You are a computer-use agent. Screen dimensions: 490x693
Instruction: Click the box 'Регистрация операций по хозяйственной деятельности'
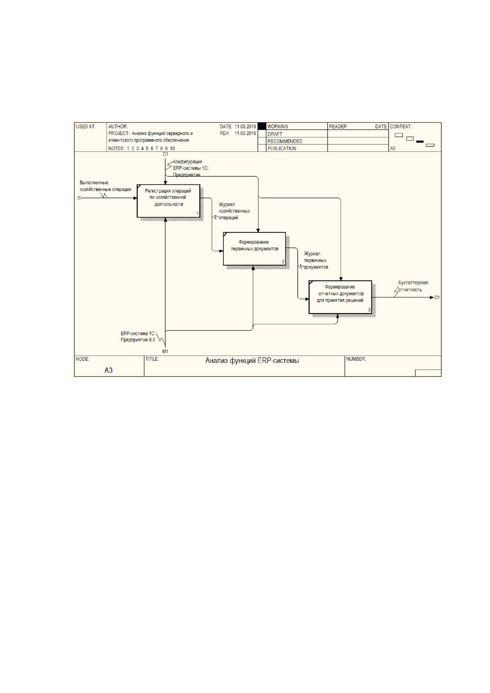click(x=169, y=201)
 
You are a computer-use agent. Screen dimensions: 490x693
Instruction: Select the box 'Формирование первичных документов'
click(x=254, y=249)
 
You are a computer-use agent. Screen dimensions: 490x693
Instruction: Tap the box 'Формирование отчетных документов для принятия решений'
click(x=340, y=297)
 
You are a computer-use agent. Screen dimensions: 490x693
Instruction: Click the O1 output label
click(x=437, y=298)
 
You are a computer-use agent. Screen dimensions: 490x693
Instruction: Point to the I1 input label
click(x=79, y=198)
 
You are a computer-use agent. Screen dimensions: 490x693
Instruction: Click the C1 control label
click(x=165, y=154)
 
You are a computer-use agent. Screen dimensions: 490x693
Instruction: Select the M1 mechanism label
click(x=165, y=351)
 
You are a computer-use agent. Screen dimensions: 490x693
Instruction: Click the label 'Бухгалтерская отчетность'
click(x=413, y=286)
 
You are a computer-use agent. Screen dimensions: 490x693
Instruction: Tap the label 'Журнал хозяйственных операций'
click(x=234, y=211)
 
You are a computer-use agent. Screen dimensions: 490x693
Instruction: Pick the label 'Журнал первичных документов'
click(x=316, y=260)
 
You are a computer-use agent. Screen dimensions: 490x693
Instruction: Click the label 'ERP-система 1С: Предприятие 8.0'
click(x=138, y=337)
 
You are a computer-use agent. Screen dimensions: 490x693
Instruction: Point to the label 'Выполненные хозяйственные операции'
click(x=105, y=186)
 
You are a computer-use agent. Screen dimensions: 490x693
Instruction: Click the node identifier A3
click(x=109, y=370)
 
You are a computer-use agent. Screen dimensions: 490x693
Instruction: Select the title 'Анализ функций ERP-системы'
click(x=252, y=360)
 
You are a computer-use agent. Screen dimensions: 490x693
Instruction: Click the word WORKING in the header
click(x=277, y=126)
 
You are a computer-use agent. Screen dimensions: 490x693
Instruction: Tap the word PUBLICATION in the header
click(x=282, y=149)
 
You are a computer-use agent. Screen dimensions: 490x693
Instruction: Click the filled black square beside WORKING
click(x=262, y=126)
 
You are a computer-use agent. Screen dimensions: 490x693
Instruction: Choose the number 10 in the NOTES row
click(x=172, y=149)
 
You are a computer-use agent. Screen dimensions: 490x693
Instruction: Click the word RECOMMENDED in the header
click(x=285, y=142)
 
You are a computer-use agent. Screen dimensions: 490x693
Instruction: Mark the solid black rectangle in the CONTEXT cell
click(x=420, y=142)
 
